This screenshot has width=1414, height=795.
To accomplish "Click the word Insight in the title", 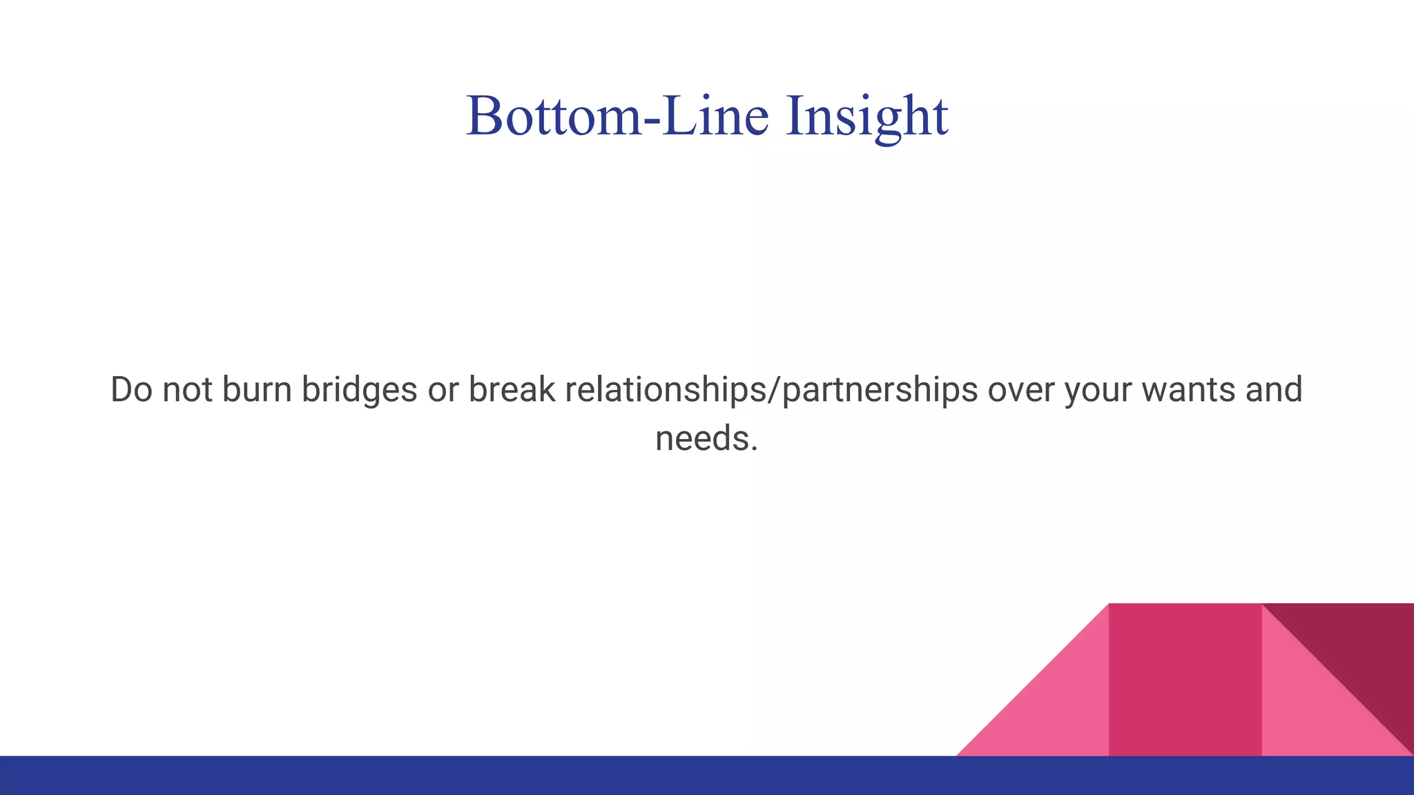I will (x=866, y=116).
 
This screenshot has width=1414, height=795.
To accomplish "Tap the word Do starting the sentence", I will (x=131, y=389).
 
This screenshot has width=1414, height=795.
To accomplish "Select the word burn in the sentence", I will (x=257, y=389).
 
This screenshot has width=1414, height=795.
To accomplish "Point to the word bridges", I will (x=359, y=391).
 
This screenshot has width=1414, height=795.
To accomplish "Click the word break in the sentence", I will (x=512, y=389).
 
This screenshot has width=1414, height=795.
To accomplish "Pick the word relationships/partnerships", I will (x=771, y=391).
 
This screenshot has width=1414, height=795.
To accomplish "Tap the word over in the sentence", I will (x=1022, y=391).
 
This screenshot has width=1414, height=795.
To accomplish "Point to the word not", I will (x=187, y=390).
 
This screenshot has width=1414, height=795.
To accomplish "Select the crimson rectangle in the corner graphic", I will (x=1185, y=680).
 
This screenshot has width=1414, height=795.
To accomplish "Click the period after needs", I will (x=755, y=449).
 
